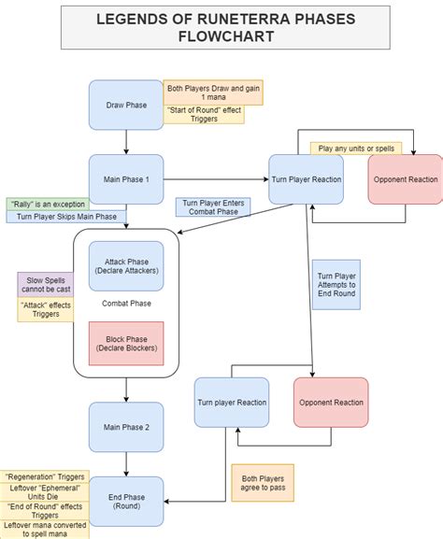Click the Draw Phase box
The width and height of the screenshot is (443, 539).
[x=126, y=105]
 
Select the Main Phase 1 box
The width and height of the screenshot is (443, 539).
[x=126, y=178]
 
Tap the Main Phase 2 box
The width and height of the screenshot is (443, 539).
[x=126, y=427]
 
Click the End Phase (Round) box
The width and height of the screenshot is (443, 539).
[x=126, y=501]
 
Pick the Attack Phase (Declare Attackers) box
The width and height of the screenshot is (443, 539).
[x=126, y=265]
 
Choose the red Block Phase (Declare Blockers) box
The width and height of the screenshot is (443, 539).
[x=126, y=343]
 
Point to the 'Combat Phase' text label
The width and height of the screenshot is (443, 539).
[x=126, y=304]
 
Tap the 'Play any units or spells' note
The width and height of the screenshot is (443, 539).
[x=355, y=148]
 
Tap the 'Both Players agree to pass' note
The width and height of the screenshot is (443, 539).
[x=263, y=482]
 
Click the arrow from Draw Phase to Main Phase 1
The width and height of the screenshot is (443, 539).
[x=126, y=141]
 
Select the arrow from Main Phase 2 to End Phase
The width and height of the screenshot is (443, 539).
[x=126, y=463]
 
